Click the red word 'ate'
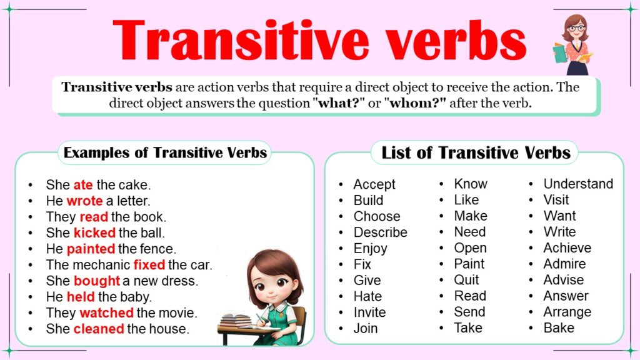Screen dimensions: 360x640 pos(83,185)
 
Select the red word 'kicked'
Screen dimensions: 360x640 pos(94,233)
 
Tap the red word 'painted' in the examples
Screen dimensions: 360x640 pos(92,249)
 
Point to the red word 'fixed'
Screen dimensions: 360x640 pos(149,265)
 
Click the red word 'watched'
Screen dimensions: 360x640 pos(106,313)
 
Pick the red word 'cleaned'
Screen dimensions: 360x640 pos(99,329)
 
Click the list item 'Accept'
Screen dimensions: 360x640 pos(374,184)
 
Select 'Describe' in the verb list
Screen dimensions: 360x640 pos(380,232)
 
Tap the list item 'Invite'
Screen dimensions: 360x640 pos(369,312)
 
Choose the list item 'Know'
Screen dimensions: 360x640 pos(471,184)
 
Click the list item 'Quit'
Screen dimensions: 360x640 pos(467,280)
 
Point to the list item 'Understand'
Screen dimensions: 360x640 pos(578,184)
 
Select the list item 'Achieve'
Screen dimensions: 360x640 pos(567,248)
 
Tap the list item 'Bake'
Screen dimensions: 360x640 pos(559,328)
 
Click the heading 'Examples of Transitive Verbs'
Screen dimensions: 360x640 pos(166,152)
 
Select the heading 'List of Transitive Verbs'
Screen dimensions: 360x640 pos(476,152)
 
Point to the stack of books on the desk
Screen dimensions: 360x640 pos(234,321)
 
